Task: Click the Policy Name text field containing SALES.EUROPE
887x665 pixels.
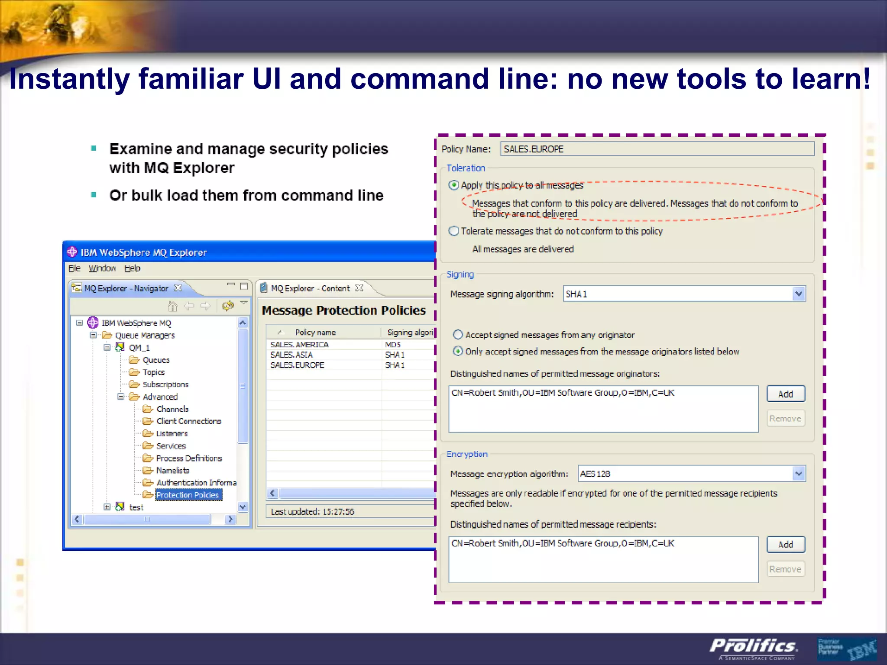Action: [657, 149]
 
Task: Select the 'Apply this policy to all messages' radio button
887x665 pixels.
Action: [453, 185]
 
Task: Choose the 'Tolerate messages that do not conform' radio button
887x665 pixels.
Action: [453, 231]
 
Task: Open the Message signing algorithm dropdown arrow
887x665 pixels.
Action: [798, 294]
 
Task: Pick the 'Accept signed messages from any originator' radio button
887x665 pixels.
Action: [458, 335]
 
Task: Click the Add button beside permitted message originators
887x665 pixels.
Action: [785, 394]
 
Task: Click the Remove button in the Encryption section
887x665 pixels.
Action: [785, 569]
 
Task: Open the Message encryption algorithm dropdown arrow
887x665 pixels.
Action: [798, 474]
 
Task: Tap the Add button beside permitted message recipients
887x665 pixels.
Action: [785, 544]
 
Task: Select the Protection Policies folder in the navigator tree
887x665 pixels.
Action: [187, 495]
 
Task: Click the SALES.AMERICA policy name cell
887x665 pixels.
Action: [299, 345]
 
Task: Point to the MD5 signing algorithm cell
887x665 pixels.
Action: [393, 345]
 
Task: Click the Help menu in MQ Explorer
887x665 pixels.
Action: [132, 268]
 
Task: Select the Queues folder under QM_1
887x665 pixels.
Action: [156, 360]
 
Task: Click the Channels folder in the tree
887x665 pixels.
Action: [172, 409]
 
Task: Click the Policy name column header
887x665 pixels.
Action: [315, 332]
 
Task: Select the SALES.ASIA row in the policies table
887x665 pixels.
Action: [291, 355]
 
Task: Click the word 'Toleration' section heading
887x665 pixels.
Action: [466, 168]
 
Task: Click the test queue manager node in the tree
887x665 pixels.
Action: [136, 507]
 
